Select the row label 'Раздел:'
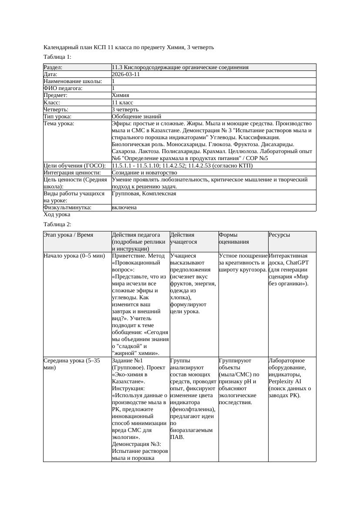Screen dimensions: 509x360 coord(53,67)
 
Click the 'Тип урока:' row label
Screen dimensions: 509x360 coord(57,117)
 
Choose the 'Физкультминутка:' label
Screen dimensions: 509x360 coord(67,208)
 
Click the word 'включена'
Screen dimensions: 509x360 coord(124,208)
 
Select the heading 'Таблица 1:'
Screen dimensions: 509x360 coord(57,57)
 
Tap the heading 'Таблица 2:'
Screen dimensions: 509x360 coord(57,224)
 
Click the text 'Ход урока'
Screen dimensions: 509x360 coord(57,214)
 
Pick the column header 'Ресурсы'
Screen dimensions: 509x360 coord(279,235)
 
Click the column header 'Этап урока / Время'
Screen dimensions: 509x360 coord(68,235)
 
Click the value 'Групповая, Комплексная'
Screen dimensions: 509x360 coord(144,193)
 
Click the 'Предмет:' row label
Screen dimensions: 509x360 coord(56,95)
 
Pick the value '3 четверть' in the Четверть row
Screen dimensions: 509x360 coord(125,110)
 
